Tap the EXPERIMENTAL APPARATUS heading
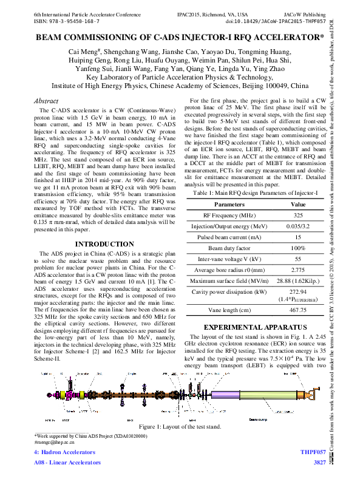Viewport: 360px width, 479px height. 254,326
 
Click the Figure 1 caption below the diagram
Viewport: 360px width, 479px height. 180,426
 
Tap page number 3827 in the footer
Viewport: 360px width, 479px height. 319,463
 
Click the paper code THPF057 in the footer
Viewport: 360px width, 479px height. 313,453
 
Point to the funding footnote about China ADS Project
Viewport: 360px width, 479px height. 90,437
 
